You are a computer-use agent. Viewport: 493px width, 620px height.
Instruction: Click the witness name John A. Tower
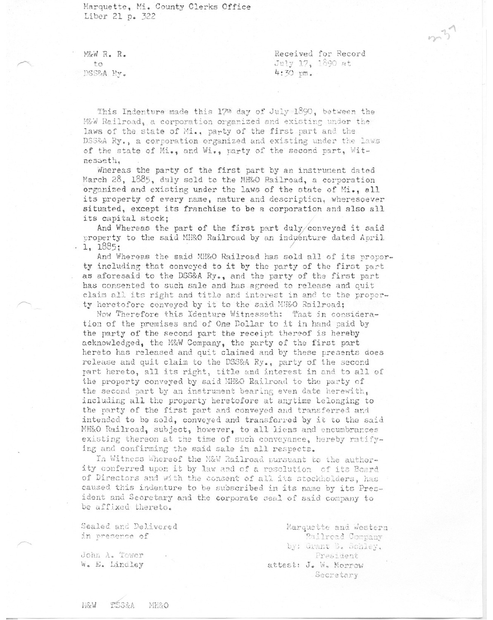pyautogui.click(x=112, y=555)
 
